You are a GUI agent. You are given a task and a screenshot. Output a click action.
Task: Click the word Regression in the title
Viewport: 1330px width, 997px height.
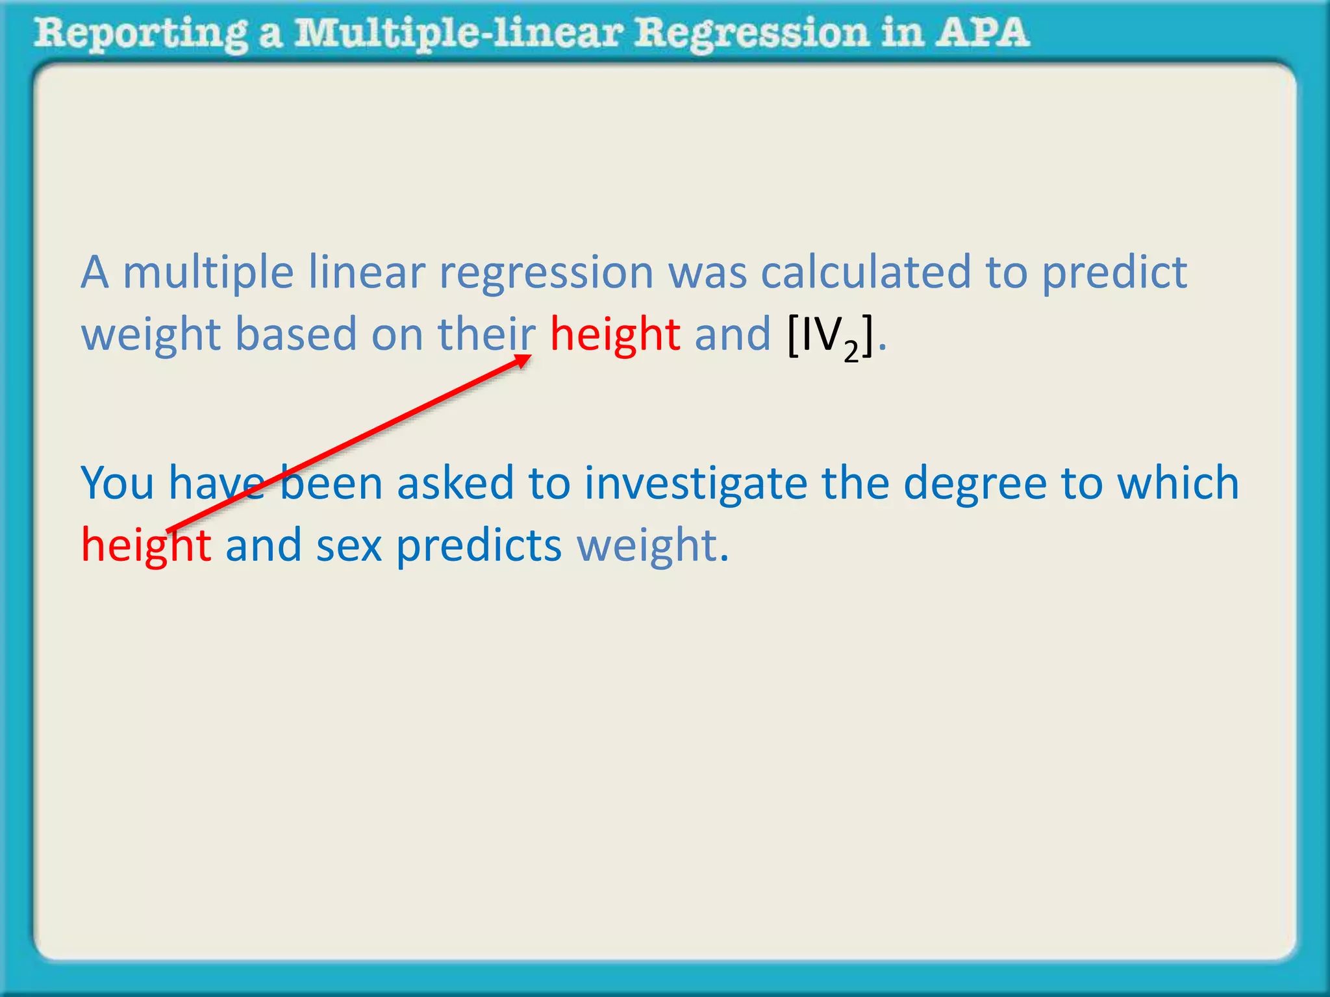751,34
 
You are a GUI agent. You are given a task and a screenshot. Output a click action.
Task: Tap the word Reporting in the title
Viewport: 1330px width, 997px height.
140,34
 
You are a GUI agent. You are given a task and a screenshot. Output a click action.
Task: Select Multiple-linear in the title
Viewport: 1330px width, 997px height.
458,34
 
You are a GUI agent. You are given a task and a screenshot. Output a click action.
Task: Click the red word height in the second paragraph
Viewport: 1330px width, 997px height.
145,545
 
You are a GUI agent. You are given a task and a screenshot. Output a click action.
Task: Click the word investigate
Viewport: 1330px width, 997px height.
696,484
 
